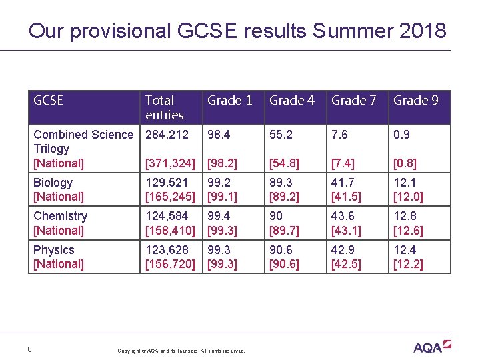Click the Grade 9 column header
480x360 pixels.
click(x=416, y=101)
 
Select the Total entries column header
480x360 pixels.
click(x=164, y=107)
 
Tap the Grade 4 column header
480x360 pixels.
click(x=292, y=101)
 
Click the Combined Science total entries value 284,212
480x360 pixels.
click(x=167, y=135)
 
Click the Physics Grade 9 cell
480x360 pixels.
click(x=408, y=257)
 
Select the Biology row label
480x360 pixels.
click(x=59, y=189)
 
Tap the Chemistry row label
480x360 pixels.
click(x=60, y=223)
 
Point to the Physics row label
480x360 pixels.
click(x=59, y=257)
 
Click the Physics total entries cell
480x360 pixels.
click(x=170, y=257)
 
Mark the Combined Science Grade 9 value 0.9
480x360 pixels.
click(x=402, y=135)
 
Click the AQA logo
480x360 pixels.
click(x=432, y=347)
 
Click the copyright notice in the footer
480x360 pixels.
click(x=181, y=351)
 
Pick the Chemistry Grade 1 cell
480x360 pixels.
click(x=220, y=223)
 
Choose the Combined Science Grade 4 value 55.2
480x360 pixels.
click(x=281, y=135)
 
